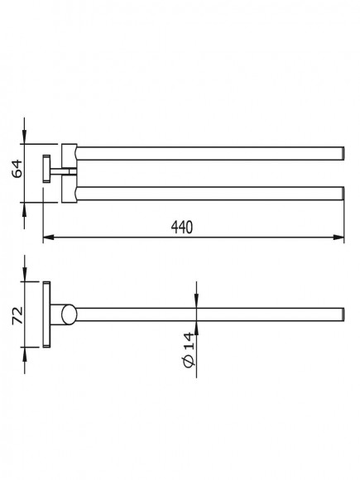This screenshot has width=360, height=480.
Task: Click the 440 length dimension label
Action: [182, 228]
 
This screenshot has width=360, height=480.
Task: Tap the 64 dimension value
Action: [17, 168]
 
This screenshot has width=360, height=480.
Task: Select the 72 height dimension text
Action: [17, 315]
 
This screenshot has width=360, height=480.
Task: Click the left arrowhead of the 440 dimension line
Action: [49, 238]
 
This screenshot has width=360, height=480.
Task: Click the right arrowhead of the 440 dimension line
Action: [338, 238]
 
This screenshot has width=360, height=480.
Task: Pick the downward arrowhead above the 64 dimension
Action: [25, 137]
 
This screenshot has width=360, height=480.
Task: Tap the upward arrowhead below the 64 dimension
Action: [25, 209]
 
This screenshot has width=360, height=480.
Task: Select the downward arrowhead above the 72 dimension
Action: [25, 275]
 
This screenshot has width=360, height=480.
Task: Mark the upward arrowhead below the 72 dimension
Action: [25, 354]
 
